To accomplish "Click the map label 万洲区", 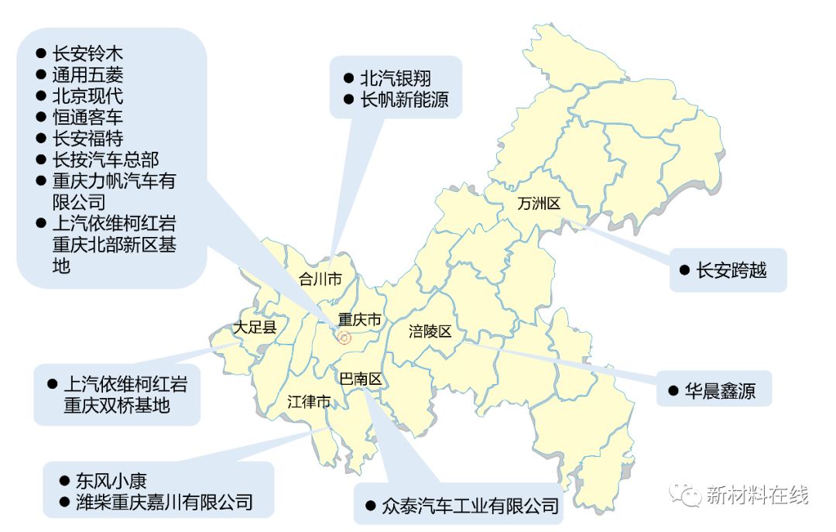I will [x=538, y=204].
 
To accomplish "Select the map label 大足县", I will [x=255, y=328].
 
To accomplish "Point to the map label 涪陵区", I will [x=430, y=332].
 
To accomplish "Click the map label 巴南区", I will [x=361, y=379].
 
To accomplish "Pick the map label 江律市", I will [x=309, y=402].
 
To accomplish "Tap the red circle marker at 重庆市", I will [x=345, y=338].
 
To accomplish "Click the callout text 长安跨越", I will [x=731, y=270].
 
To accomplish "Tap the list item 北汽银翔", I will [x=396, y=78].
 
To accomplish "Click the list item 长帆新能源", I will [x=404, y=100].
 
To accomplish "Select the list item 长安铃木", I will [x=87, y=54].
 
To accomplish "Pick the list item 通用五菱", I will [x=87, y=75].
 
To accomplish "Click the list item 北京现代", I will [x=87, y=96].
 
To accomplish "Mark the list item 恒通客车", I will [x=87, y=117].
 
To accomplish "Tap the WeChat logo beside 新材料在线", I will [x=686, y=493].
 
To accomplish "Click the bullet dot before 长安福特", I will [x=41, y=139].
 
